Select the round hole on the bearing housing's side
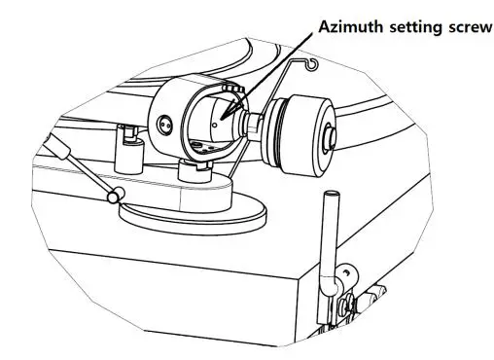[x=162, y=124]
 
